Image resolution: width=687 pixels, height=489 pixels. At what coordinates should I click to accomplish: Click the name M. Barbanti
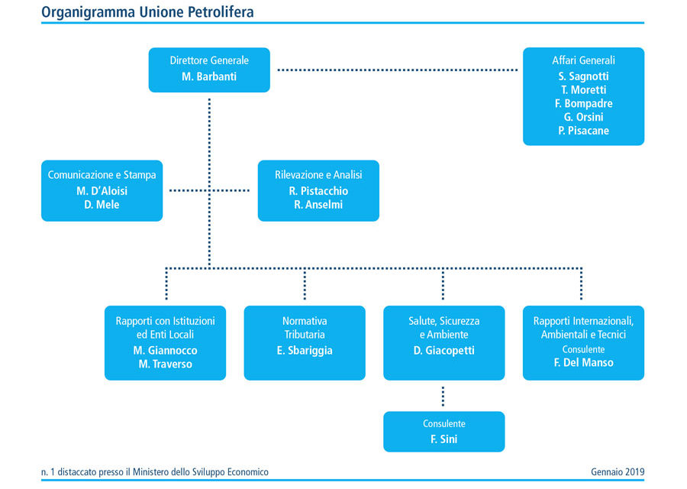209,76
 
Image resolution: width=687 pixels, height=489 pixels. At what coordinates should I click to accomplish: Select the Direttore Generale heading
209,60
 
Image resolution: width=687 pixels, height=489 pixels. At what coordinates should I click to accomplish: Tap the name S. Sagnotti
583,76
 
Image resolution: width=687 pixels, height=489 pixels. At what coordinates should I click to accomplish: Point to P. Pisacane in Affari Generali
583,131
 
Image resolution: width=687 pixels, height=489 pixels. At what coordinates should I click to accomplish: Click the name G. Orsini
583,117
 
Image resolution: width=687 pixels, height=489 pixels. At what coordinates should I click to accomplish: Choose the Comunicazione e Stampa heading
102,175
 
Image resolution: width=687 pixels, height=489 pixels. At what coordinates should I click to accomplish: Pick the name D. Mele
102,204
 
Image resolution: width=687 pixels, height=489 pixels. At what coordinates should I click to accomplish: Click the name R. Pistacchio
318,191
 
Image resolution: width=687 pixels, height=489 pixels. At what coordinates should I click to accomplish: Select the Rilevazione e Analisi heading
318,175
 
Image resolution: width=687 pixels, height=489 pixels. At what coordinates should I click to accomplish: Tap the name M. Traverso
165,364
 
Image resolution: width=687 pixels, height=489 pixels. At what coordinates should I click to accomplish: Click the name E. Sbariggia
305,351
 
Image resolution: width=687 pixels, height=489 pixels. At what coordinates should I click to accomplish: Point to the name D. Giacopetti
443,351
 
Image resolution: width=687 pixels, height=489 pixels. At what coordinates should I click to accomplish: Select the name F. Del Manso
583,363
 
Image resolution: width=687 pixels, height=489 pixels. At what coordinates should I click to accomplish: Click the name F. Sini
443,439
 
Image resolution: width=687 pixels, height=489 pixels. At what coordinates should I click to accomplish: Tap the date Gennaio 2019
618,472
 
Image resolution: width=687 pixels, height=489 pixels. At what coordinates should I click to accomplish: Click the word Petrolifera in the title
221,11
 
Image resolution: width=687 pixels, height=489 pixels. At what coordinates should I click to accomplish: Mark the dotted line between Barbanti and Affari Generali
398,70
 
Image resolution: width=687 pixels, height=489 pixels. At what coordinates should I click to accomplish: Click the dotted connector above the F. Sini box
443,397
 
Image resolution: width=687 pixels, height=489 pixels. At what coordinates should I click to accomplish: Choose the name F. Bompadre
583,103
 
